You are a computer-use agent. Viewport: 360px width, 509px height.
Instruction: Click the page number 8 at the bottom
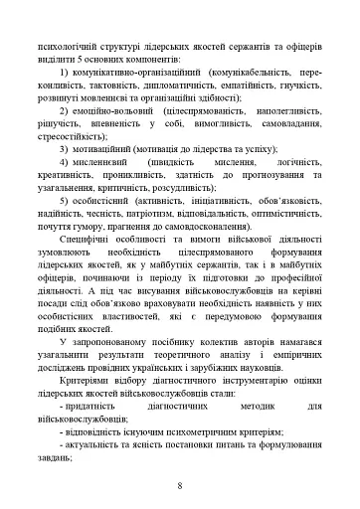pyautogui.click(x=179, y=485)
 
